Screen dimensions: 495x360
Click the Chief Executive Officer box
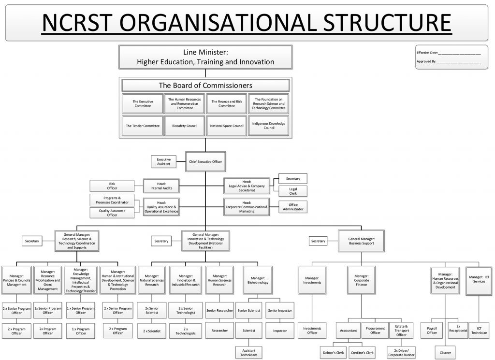(x=205, y=161)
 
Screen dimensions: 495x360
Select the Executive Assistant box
(x=163, y=161)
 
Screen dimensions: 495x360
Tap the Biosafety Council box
(x=185, y=126)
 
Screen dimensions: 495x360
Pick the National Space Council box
(x=227, y=126)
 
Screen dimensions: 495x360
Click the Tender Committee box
(x=143, y=126)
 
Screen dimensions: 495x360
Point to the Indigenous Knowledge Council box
(x=269, y=126)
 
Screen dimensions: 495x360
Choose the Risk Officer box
(x=112, y=186)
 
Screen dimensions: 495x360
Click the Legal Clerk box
(x=293, y=191)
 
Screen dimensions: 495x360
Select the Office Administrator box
(x=293, y=207)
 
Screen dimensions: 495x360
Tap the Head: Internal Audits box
(x=161, y=186)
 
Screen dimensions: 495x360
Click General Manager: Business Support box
(x=362, y=241)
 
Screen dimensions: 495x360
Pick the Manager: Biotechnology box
(x=258, y=280)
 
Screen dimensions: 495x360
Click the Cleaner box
(x=445, y=352)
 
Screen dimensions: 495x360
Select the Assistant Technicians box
(x=249, y=352)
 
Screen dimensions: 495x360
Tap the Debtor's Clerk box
(x=334, y=352)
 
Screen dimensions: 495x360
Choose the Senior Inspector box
(x=280, y=310)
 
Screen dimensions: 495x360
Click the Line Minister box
(x=205, y=57)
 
